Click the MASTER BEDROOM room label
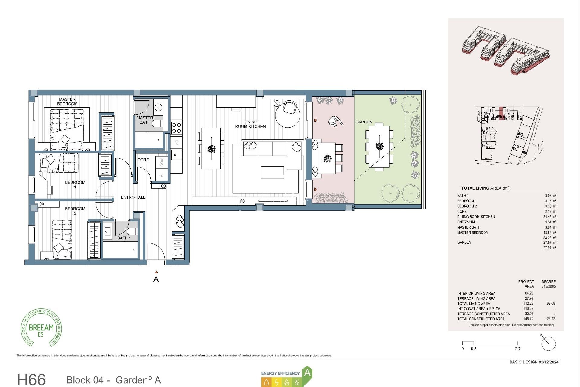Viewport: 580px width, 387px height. point(67,102)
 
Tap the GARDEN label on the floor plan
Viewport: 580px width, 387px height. point(363,122)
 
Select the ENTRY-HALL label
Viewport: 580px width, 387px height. point(133,197)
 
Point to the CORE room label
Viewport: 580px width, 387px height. point(143,160)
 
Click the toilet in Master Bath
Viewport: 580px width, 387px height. point(157,123)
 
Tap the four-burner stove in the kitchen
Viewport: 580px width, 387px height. point(176,128)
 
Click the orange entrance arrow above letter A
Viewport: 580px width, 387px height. point(156,272)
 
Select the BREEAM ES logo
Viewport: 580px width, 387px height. point(41,328)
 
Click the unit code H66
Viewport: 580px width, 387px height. point(31,379)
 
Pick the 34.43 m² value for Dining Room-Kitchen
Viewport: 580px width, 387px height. point(549,217)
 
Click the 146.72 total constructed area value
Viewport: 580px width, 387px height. point(529,319)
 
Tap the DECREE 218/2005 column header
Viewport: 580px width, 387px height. point(548,284)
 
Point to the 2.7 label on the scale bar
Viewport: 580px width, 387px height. point(517,349)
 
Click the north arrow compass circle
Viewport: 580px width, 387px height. point(549,344)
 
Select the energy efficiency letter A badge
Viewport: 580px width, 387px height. point(307,373)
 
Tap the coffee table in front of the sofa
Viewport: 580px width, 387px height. point(272,172)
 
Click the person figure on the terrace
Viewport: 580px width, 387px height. point(335,122)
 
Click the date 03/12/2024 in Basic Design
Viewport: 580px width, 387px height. point(548,362)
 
